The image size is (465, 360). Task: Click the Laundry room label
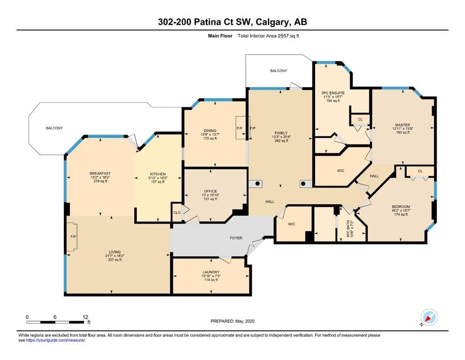click(x=211, y=272)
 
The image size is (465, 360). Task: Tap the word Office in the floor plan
click(x=210, y=191)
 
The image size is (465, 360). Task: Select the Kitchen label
click(x=158, y=174)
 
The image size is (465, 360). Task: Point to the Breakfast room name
click(x=100, y=173)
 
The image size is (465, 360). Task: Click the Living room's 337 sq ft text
click(x=115, y=260)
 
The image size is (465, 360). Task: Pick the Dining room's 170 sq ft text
click(x=210, y=138)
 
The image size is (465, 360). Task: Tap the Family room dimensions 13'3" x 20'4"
click(x=281, y=137)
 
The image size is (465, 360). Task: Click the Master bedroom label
click(x=402, y=125)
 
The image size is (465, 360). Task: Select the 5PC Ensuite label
click(x=333, y=93)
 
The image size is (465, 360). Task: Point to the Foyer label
click(x=236, y=238)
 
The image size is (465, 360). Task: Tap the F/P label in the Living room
click(x=73, y=237)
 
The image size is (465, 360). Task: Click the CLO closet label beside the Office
click(x=177, y=212)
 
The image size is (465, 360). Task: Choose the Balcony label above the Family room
click(x=279, y=71)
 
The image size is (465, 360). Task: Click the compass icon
click(x=428, y=318)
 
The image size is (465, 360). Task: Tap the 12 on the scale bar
click(x=85, y=317)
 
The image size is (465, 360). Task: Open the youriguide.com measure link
click(x=55, y=340)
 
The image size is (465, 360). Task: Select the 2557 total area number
click(x=283, y=36)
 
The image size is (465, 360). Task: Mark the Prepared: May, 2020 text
click(x=232, y=321)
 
